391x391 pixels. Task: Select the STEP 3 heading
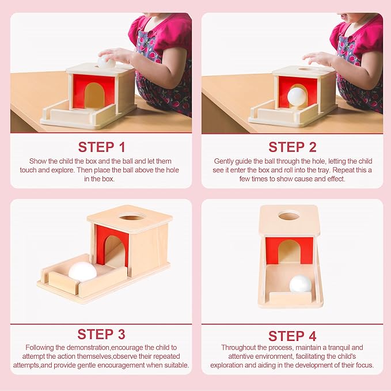101,334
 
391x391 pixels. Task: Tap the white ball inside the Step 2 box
297,96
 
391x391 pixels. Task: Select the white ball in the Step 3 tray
82,272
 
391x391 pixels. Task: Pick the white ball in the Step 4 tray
300,284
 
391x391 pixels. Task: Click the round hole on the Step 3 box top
130,218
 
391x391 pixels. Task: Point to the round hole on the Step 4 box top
288,216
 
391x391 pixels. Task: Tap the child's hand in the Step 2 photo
318,58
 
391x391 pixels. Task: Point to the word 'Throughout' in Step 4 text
238,348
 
